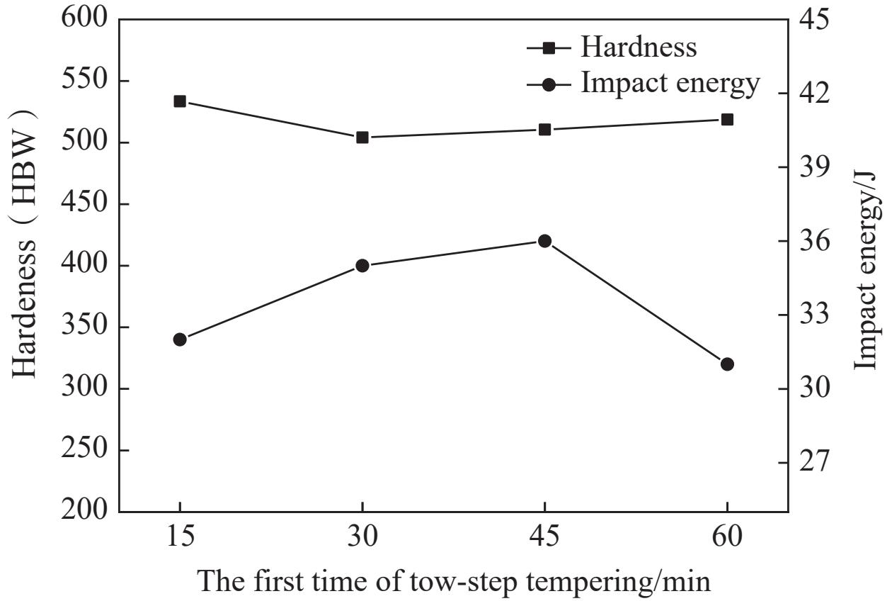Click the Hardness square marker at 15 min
click(180, 101)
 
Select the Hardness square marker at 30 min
click(362, 137)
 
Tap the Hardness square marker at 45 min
click(545, 130)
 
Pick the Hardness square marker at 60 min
click(727, 120)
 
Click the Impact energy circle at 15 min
click(180, 339)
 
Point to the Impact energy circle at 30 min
click(362, 266)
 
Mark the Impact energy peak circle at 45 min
click(545, 241)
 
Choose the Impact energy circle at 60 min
click(727, 364)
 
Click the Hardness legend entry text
click(639, 47)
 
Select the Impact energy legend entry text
click(670, 84)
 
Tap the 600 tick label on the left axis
click(84, 18)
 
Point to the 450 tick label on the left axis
click(84, 204)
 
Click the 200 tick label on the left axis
click(84, 510)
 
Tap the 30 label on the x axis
click(362, 537)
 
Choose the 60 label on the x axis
click(727, 537)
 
